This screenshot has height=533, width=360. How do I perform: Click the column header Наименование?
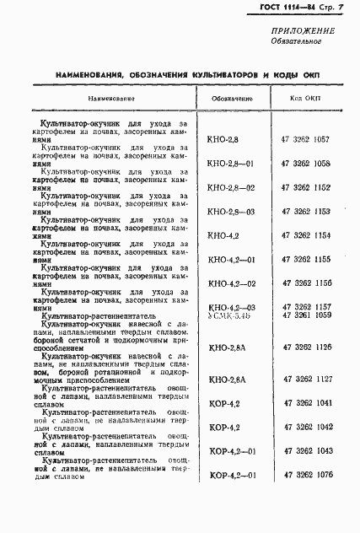[104, 99]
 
